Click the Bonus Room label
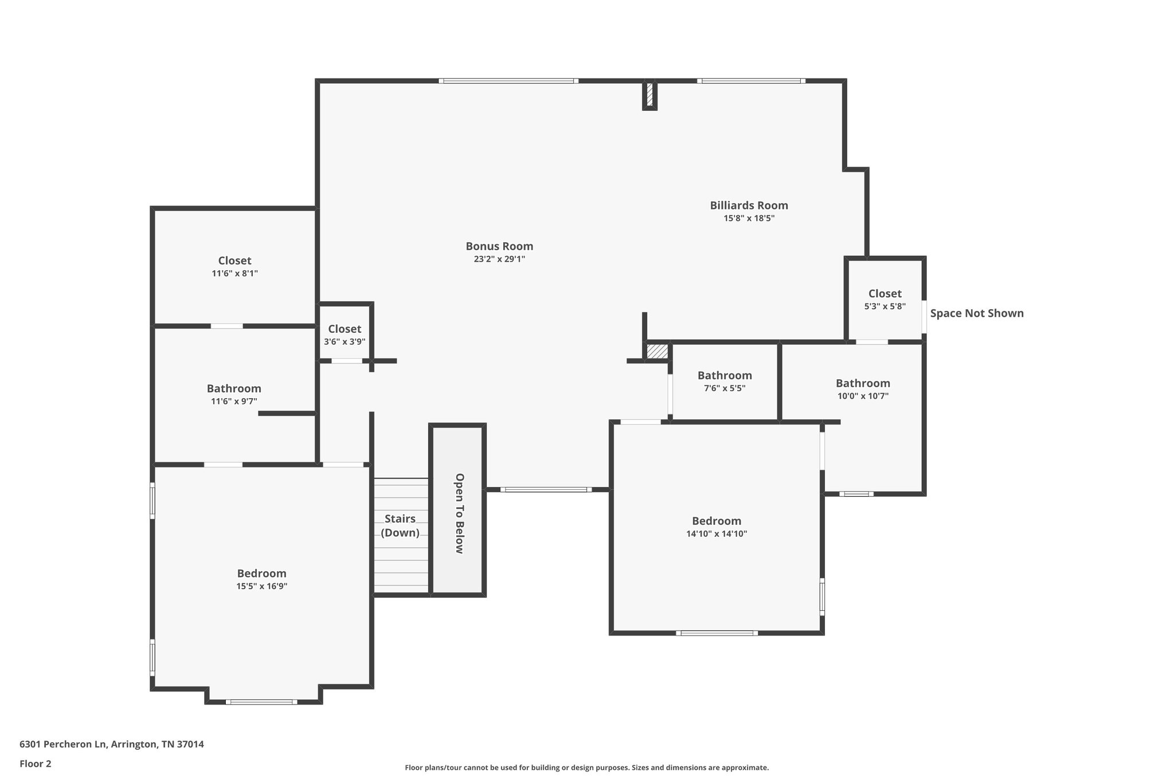pyautogui.click(x=499, y=246)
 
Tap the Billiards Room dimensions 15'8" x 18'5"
pyautogui.click(x=749, y=219)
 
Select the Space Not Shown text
pyautogui.click(x=976, y=313)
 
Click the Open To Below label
pyautogui.click(x=459, y=513)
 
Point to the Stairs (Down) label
pyautogui.click(x=400, y=525)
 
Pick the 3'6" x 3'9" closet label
pyautogui.click(x=345, y=329)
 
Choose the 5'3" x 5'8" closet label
pyautogui.click(x=885, y=294)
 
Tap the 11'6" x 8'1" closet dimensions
pyautogui.click(x=234, y=274)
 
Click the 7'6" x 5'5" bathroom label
pyautogui.click(x=725, y=376)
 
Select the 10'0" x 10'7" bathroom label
pyautogui.click(x=863, y=383)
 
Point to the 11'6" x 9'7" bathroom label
pyautogui.click(x=234, y=389)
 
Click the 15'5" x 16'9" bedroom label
pyautogui.click(x=261, y=574)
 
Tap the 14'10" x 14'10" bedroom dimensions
pyautogui.click(x=717, y=534)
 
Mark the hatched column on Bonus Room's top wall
pyautogui.click(x=649, y=95)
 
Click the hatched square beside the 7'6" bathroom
pyautogui.click(x=658, y=351)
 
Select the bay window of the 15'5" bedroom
pyautogui.click(x=261, y=702)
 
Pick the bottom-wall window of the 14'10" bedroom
pyautogui.click(x=717, y=633)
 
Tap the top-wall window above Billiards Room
pyautogui.click(x=751, y=81)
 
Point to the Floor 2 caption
pyautogui.click(x=36, y=763)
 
